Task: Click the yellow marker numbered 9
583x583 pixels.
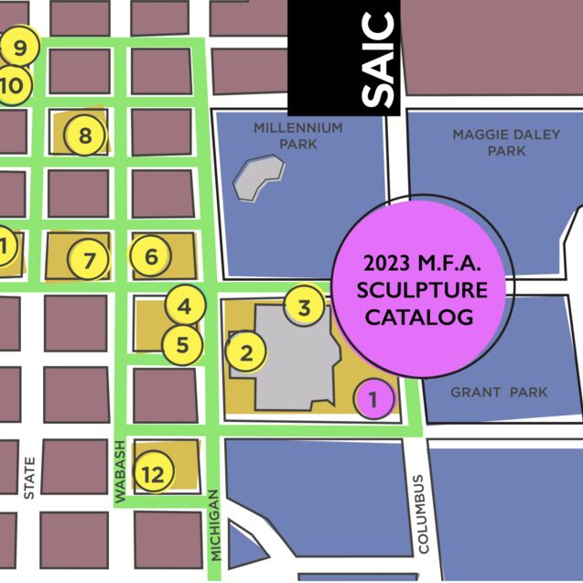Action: click(x=18, y=45)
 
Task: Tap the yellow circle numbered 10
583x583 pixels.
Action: click(x=16, y=85)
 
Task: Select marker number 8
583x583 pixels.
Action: click(x=84, y=136)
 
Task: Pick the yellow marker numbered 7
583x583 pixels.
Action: click(x=89, y=261)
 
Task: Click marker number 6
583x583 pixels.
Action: click(x=151, y=256)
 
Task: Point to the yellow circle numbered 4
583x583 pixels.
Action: click(x=185, y=306)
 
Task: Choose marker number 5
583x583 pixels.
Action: click(x=182, y=345)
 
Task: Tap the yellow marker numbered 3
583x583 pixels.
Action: click(x=305, y=305)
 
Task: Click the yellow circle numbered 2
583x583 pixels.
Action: click(x=245, y=351)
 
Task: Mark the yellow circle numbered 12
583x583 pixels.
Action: click(x=153, y=473)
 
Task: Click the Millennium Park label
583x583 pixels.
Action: click(x=298, y=135)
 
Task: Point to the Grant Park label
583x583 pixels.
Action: click(x=499, y=393)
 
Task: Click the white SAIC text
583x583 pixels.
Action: click(x=378, y=59)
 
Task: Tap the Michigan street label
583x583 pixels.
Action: click(x=215, y=524)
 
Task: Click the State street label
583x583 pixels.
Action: click(x=29, y=478)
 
